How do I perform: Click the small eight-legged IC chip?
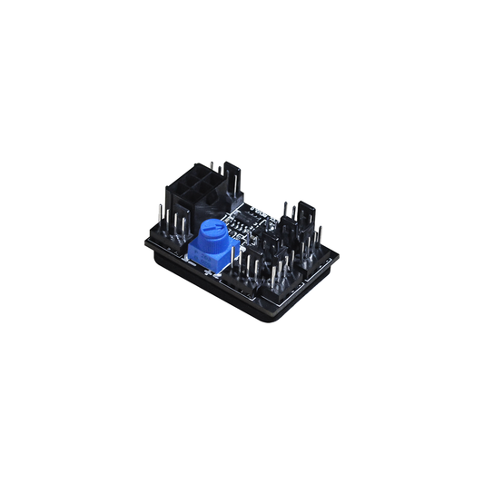[x=246, y=220]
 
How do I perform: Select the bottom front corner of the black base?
[x=269, y=321]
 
